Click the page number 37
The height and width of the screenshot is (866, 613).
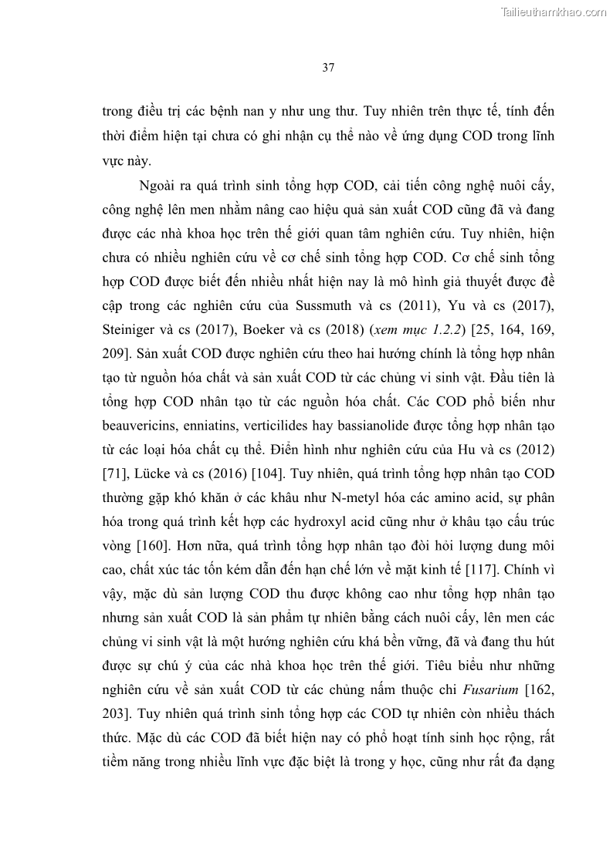(327, 68)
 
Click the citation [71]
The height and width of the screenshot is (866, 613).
(113, 472)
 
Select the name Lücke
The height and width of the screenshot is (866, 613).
(151, 472)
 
